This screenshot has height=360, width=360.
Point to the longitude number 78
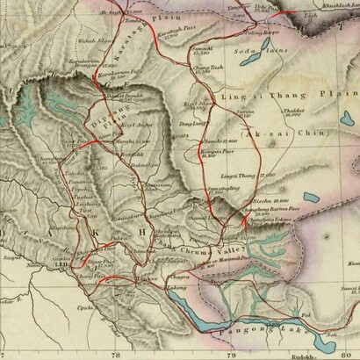pyautogui.click(x=117, y=354)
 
